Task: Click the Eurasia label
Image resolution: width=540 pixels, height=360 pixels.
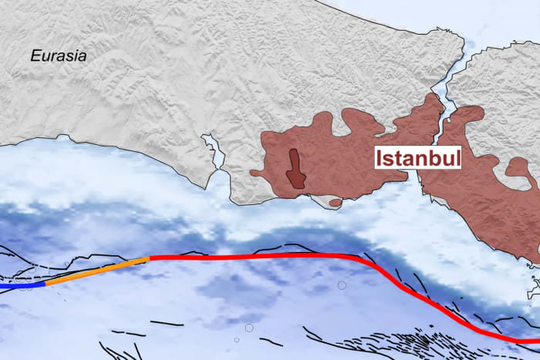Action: click(59, 56)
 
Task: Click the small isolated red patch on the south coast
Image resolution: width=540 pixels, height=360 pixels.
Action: click(335, 202)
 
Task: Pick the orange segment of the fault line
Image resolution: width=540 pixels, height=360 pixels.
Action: click(96, 271)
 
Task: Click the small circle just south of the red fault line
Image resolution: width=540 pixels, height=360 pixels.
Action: click(342, 285)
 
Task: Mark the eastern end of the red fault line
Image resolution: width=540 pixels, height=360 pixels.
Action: click(538, 340)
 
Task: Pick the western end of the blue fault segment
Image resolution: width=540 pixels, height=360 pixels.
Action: click(2, 285)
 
